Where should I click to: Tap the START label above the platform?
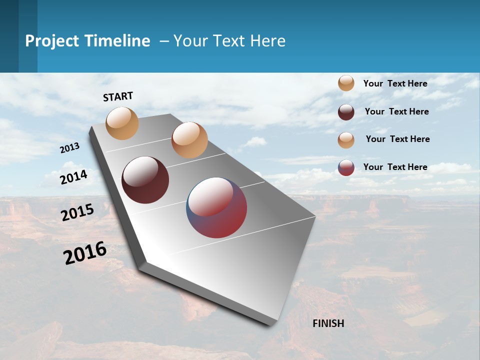pos(118,96)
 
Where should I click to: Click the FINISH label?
pos(328,323)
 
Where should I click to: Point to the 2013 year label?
pos(70,148)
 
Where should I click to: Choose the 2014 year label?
pos(74,177)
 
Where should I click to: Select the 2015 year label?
pos(77,212)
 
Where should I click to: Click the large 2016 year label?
pos(85,253)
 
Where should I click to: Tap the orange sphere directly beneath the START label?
pos(122,123)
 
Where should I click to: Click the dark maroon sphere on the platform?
pos(145,180)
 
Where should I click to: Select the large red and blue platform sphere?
pos(216,207)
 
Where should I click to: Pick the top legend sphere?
pos(346,83)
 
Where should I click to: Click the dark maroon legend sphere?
pos(346,111)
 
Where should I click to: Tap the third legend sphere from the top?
pos(346,139)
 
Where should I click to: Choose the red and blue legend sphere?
pos(346,167)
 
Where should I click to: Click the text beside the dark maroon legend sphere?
pos(396,111)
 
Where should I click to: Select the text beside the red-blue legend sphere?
pos(395,167)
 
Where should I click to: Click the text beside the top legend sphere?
pos(395,83)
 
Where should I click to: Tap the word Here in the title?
pos(267,41)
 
